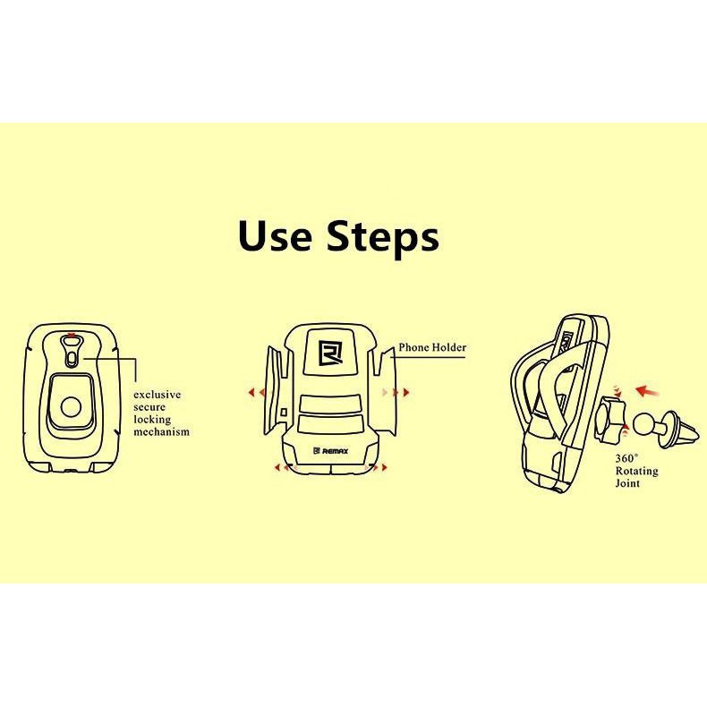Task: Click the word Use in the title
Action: [275, 236]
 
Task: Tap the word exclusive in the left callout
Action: [157, 395]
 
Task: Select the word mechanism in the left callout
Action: [161, 432]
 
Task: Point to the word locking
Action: [152, 421]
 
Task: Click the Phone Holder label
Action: [432, 347]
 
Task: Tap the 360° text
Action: [626, 458]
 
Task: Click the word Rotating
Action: [636, 471]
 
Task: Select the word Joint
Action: [627, 483]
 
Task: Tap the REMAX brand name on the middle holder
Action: [336, 451]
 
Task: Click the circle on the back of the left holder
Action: [72, 407]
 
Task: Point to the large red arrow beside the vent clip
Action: [646, 391]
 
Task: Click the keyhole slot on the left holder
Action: [72, 351]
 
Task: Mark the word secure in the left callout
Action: [149, 407]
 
